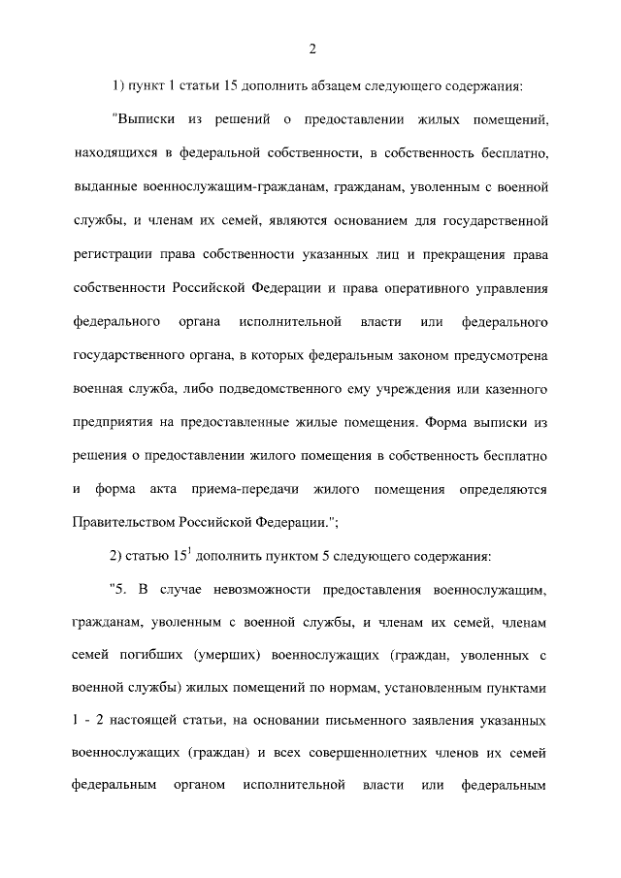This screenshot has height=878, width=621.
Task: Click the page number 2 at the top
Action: click(x=310, y=50)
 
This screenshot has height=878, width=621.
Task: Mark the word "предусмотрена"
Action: click(x=500, y=355)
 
